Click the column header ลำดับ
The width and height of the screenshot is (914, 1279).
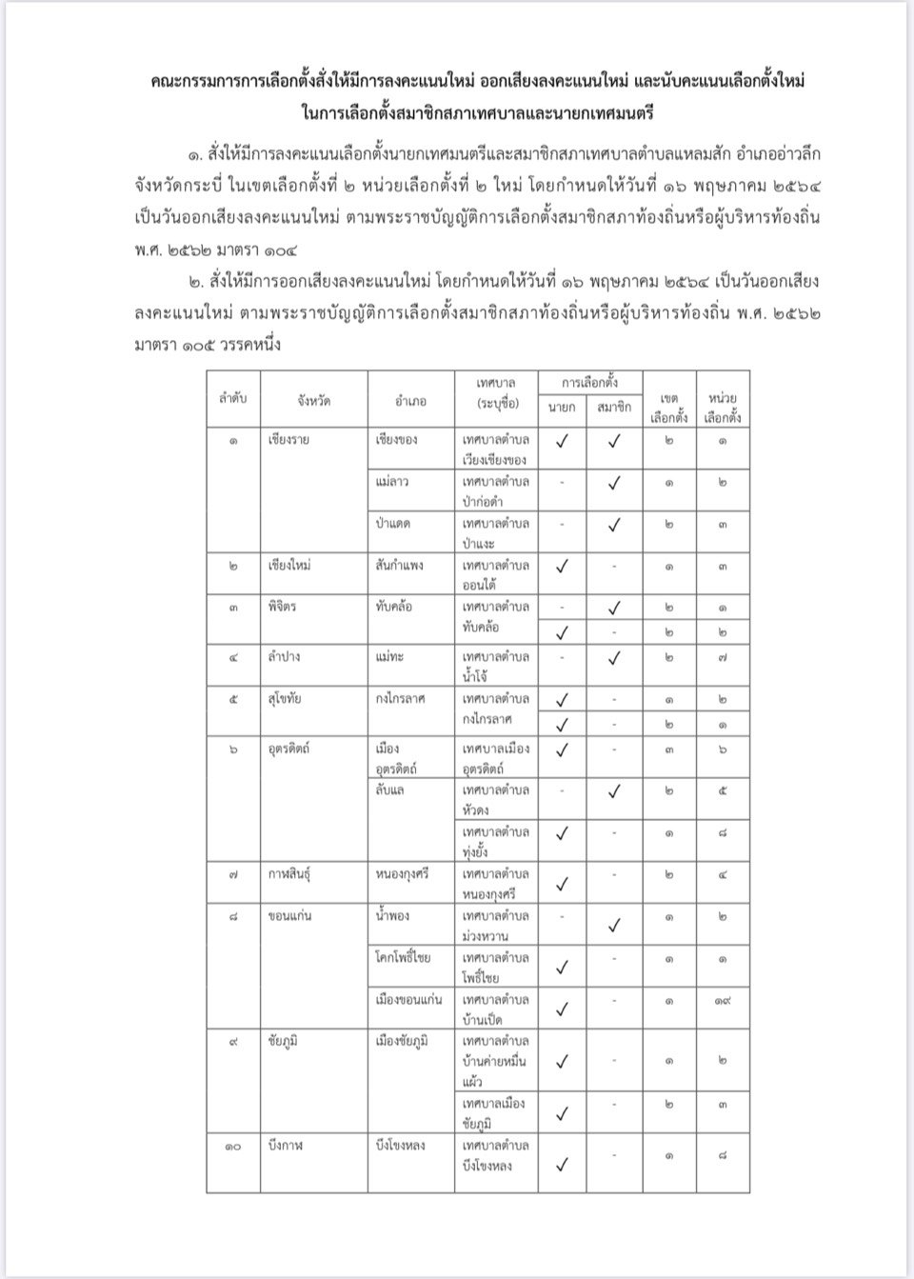coord(232,400)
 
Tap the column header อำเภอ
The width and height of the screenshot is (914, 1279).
coord(411,401)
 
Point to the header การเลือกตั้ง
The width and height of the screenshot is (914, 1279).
coord(591,384)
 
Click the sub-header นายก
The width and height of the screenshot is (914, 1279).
coord(562,409)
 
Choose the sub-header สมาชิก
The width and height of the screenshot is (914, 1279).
coord(615,409)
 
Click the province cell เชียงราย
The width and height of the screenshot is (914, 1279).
coord(288,440)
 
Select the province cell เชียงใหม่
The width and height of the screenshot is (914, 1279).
coord(289,565)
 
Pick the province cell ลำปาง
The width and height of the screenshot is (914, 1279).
coord(286,656)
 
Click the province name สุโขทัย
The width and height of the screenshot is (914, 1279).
coord(288,698)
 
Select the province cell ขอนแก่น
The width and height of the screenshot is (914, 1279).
coord(290,915)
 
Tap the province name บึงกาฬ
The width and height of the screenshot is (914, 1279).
coord(288,1146)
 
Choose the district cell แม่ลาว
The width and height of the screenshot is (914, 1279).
coord(394,482)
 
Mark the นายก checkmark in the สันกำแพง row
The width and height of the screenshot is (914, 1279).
coord(563,567)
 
